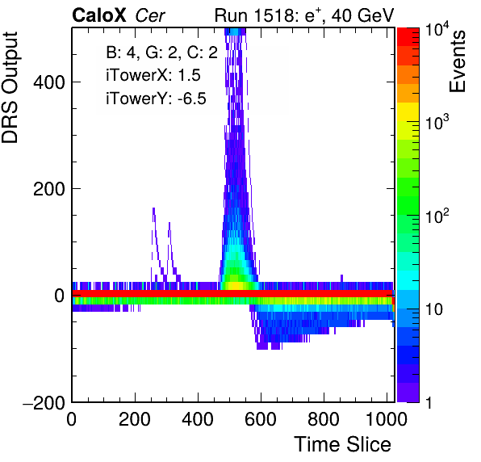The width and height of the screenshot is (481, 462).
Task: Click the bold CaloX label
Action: pyautogui.click(x=98, y=15)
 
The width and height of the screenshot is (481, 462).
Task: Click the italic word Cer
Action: pyautogui.click(x=150, y=15)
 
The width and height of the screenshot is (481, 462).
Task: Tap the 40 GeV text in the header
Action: pyautogui.click(x=362, y=15)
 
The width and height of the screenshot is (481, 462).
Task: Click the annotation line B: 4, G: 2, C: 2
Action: pyautogui.click(x=161, y=52)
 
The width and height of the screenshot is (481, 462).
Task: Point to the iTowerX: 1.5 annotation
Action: pyautogui.click(x=153, y=75)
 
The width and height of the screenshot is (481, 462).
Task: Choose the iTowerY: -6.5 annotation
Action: pyautogui.click(x=156, y=99)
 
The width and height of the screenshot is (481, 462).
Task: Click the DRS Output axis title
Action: pyautogui.click(x=10, y=87)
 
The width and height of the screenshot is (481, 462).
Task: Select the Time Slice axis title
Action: pyautogui.click(x=343, y=444)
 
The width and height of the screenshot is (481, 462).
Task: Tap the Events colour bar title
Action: pyautogui.click(x=458, y=61)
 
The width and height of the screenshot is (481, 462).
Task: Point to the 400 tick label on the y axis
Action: pyautogui.click(x=48, y=82)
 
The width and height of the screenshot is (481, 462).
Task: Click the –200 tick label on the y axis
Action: pyautogui.click(x=44, y=402)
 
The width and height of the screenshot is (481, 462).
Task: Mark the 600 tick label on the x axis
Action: pyautogui.click(x=261, y=419)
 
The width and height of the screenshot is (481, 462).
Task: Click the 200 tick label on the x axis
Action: pyautogui.click(x=135, y=419)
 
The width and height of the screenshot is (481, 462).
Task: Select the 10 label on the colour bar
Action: pyautogui.click(x=434, y=310)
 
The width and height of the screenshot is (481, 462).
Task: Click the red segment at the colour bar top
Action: pyautogui.click(x=408, y=37)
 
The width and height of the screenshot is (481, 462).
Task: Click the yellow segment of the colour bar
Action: pyautogui.click(x=408, y=111)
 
